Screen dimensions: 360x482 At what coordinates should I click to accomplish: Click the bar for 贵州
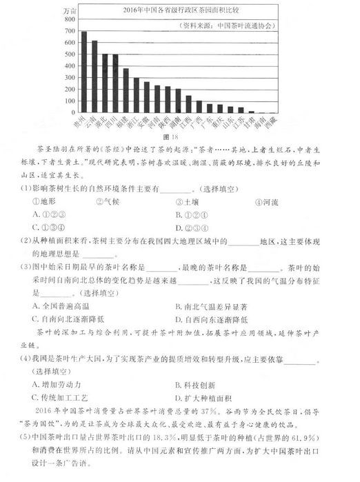pyautogui.click(x=84, y=72)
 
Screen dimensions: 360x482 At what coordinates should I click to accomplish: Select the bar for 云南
pyautogui.click(x=94, y=77)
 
